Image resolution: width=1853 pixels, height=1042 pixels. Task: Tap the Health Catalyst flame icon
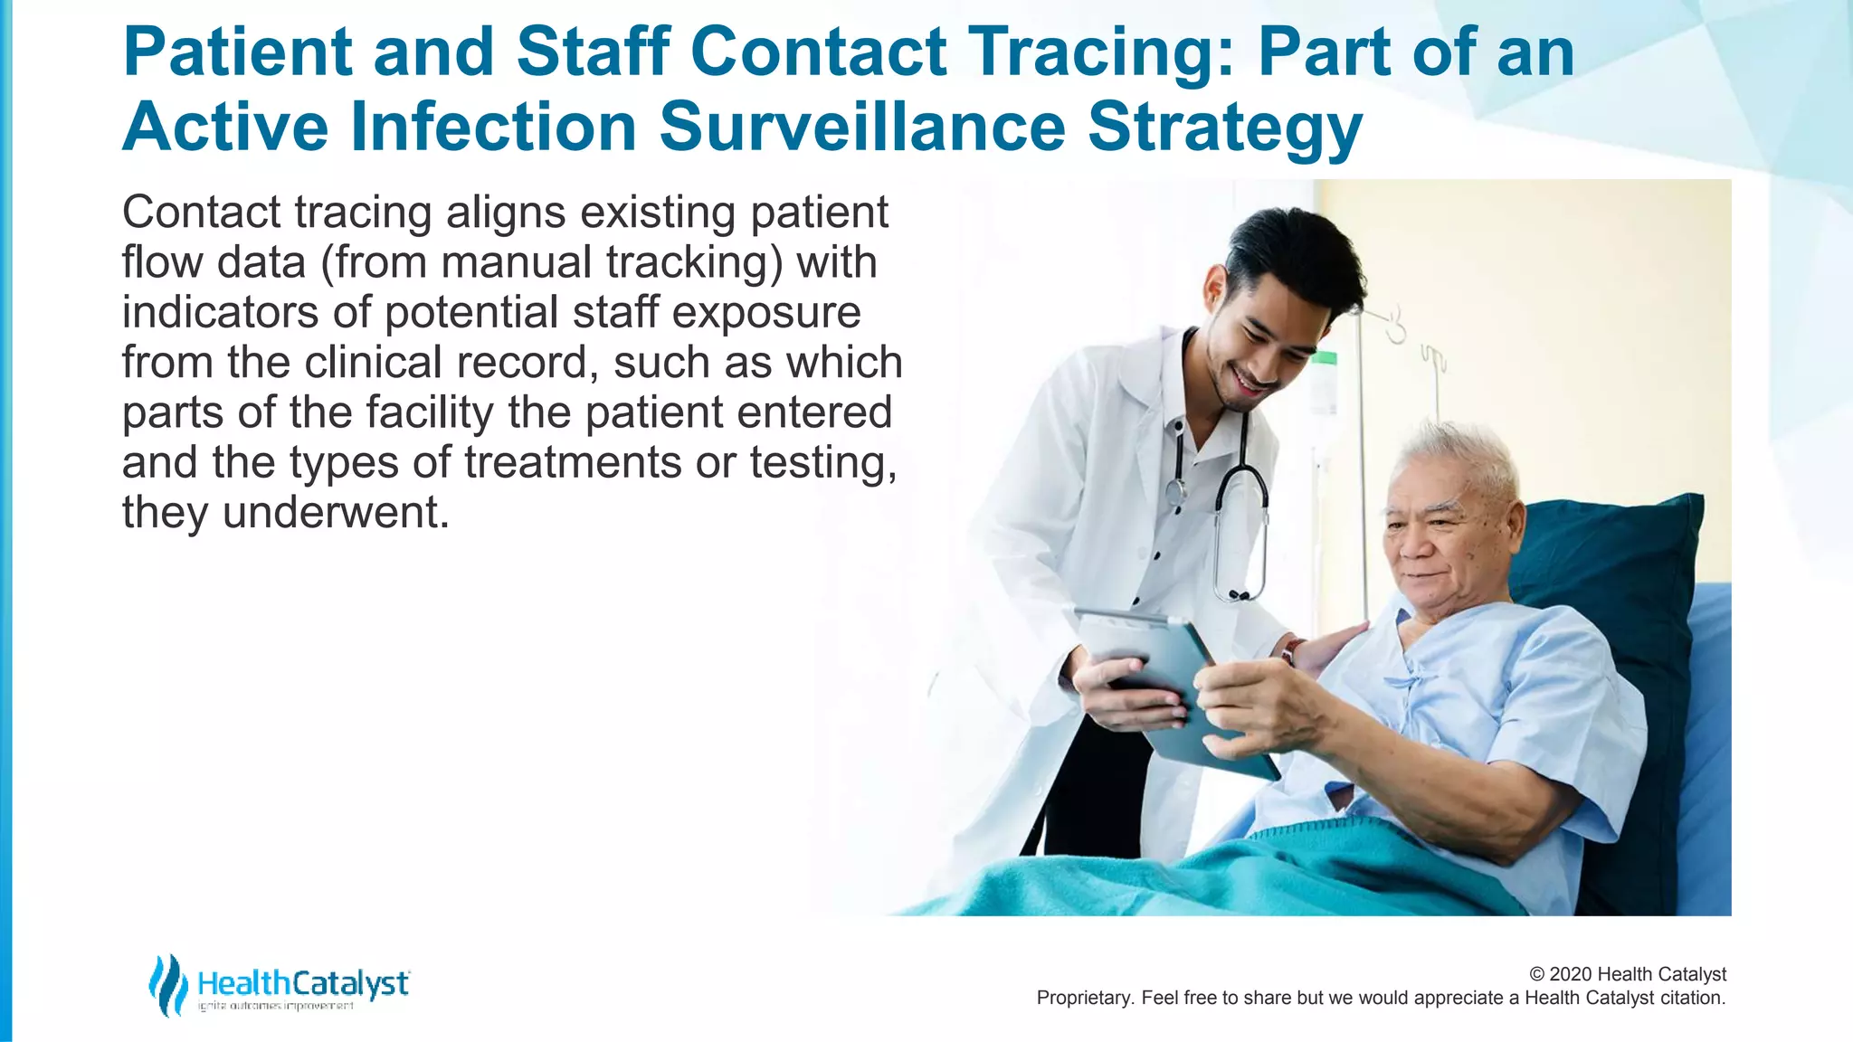coord(167,985)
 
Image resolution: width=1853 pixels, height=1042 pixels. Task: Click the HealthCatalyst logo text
coord(302,983)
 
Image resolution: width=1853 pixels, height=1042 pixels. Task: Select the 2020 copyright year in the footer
coord(1571,974)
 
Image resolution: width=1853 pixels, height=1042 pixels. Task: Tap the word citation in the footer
coord(1691,998)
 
